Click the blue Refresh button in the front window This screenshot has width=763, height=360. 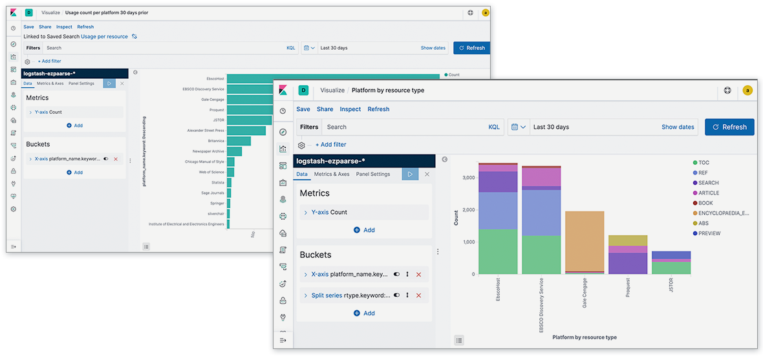pos(729,127)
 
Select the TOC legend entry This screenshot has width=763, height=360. pos(704,163)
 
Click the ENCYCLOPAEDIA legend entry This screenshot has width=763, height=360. pos(723,213)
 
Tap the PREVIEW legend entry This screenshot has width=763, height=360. pos(709,233)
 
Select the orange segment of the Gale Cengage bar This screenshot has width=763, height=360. pos(585,241)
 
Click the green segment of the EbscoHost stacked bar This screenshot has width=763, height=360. pos(498,251)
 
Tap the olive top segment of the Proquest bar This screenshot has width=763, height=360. pos(628,240)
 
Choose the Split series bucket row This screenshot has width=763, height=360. pos(346,295)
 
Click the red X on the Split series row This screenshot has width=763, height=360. pos(418,295)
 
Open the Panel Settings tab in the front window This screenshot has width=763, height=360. pos(373,174)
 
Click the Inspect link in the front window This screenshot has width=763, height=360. pos(350,109)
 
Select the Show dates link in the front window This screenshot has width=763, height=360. pos(678,127)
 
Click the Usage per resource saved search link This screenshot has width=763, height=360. pos(104,37)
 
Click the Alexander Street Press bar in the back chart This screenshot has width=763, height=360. pos(246,131)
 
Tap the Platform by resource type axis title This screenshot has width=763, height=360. pos(585,337)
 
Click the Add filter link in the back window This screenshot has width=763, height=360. pos(50,61)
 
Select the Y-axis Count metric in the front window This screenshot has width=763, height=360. pos(339,212)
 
